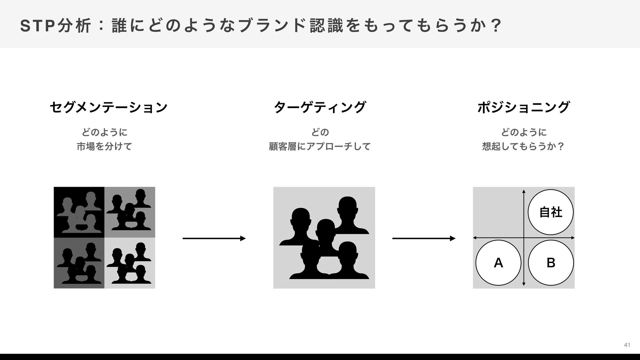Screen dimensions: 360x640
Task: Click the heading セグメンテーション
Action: point(108,107)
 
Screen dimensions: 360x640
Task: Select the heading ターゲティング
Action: point(320,107)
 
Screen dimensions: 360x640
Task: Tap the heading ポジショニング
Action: point(523,107)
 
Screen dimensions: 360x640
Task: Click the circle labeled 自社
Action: point(550,212)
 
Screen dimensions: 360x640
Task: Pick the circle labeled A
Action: point(498,263)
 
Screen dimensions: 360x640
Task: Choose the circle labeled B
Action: point(551,263)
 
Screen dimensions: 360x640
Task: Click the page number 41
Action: point(627,345)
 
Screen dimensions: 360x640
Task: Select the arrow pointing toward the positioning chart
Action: point(424,238)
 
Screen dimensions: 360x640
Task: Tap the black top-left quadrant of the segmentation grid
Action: point(79,212)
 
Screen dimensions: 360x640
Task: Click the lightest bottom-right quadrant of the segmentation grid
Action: point(130,263)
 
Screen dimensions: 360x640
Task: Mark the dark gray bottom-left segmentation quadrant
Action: point(79,263)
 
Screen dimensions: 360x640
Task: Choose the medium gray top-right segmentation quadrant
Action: point(130,212)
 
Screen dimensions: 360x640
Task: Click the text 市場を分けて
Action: point(104,146)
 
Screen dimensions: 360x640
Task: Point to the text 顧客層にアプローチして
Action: point(320,146)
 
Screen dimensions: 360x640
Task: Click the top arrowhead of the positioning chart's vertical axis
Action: point(524,191)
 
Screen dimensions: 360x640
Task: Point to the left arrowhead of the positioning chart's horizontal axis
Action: point(475,238)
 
